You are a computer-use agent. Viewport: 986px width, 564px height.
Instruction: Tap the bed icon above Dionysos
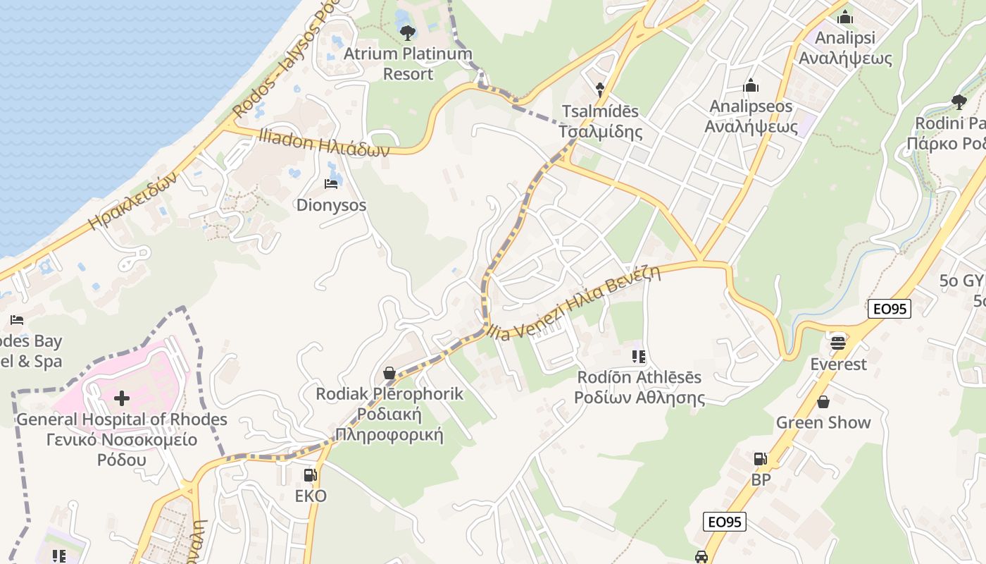(x=331, y=184)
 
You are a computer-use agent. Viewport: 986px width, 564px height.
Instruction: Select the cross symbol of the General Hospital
(x=122, y=398)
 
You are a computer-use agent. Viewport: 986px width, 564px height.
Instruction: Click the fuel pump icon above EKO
(x=310, y=476)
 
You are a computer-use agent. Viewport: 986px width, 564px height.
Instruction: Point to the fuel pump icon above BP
(x=761, y=459)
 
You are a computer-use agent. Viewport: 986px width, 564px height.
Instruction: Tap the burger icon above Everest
(x=837, y=343)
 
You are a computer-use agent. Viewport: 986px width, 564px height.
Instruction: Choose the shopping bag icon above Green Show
(x=823, y=402)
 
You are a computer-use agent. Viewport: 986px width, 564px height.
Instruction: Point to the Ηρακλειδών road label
(x=134, y=201)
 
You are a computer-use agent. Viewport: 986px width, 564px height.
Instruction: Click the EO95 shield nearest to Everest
(x=889, y=308)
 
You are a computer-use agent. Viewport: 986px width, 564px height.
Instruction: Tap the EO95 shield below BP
(x=724, y=522)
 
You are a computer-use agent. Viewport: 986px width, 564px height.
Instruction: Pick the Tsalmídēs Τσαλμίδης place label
(x=600, y=121)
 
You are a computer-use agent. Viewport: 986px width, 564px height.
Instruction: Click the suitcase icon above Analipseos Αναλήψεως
(x=751, y=86)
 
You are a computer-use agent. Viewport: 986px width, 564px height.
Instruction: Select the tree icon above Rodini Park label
(x=959, y=102)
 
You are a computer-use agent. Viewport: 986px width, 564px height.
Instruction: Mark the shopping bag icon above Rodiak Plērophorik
(x=389, y=373)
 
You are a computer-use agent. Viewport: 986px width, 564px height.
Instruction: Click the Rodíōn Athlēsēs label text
(x=639, y=377)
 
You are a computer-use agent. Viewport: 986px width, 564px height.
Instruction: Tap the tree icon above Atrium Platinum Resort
(x=407, y=32)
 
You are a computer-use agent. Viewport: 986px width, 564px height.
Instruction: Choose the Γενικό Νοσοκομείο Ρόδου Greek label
(x=121, y=450)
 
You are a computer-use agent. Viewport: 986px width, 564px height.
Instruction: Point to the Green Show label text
(x=823, y=423)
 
